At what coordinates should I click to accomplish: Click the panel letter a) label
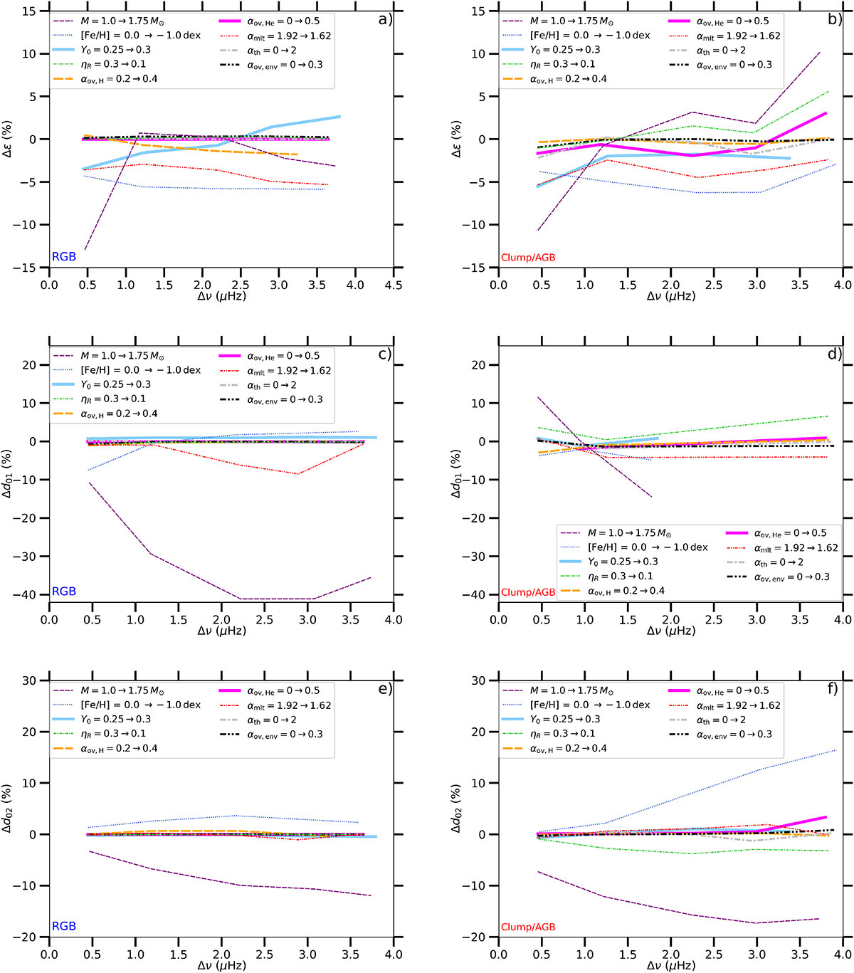point(385,19)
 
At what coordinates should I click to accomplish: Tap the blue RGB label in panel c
point(64,591)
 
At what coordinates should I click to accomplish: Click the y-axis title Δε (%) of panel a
point(11,139)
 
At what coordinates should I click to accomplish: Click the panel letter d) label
point(835,354)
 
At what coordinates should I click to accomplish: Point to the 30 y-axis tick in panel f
point(487,680)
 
